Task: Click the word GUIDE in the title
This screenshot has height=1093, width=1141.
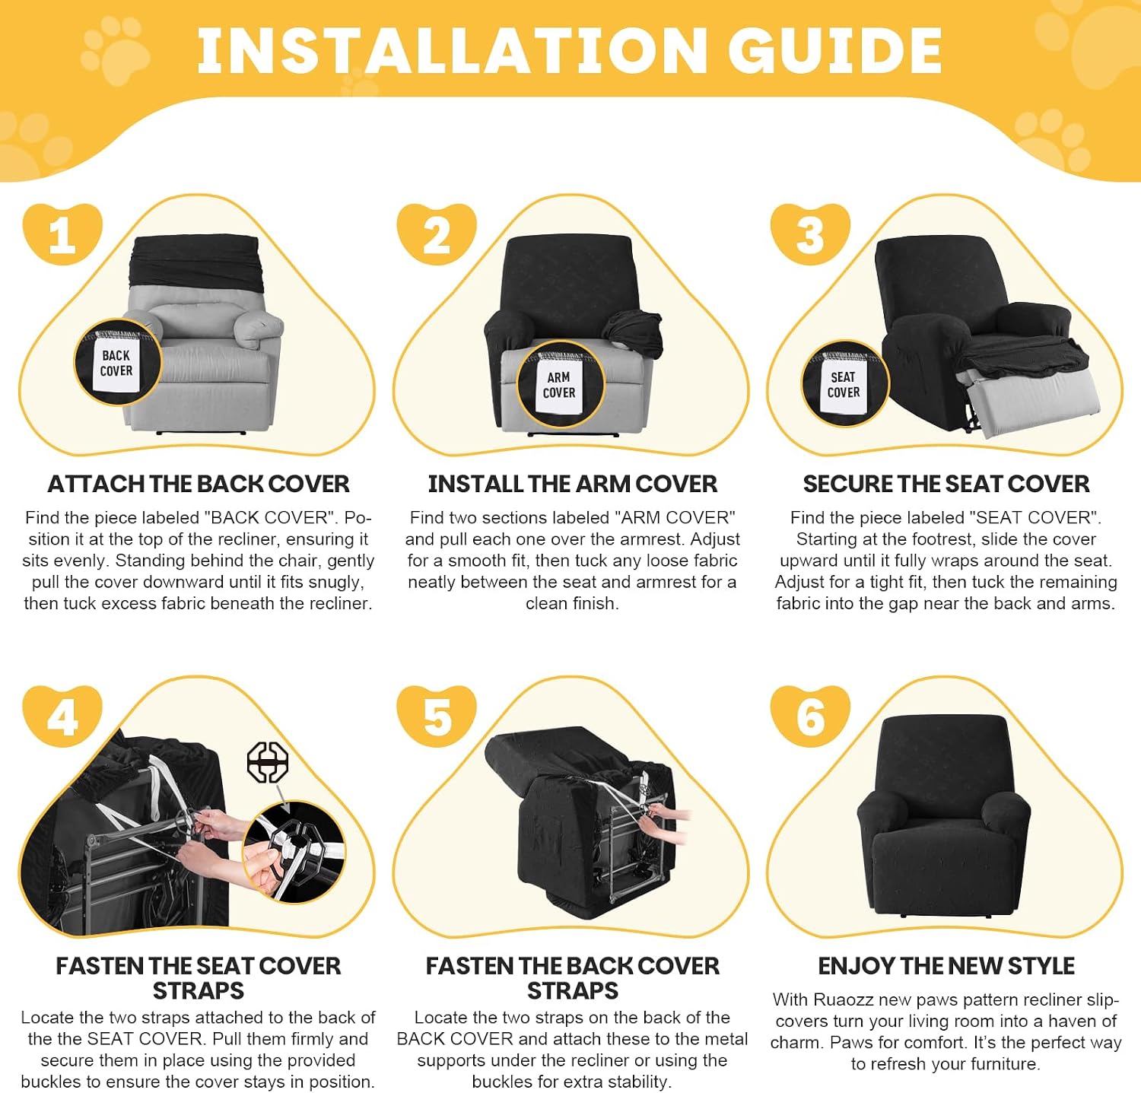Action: [835, 51]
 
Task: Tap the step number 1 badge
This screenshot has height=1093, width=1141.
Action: [62, 234]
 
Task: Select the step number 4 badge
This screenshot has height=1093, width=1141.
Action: [62, 716]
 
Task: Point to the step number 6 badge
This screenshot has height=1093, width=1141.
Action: [810, 716]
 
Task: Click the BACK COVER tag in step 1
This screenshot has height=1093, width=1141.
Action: [116, 364]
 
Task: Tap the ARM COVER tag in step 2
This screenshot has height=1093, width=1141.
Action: [560, 385]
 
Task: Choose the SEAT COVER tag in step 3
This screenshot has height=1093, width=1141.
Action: [844, 384]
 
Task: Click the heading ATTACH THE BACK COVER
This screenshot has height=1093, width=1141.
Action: [199, 484]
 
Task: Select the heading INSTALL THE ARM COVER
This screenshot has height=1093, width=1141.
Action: [573, 484]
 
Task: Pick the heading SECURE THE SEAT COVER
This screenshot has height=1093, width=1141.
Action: [946, 484]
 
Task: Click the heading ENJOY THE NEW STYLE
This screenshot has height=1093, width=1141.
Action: [946, 966]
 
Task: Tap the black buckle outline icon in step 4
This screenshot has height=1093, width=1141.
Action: [268, 763]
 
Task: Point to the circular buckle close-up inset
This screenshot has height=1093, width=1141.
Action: [294, 852]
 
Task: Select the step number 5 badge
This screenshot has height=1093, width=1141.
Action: [437, 716]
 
